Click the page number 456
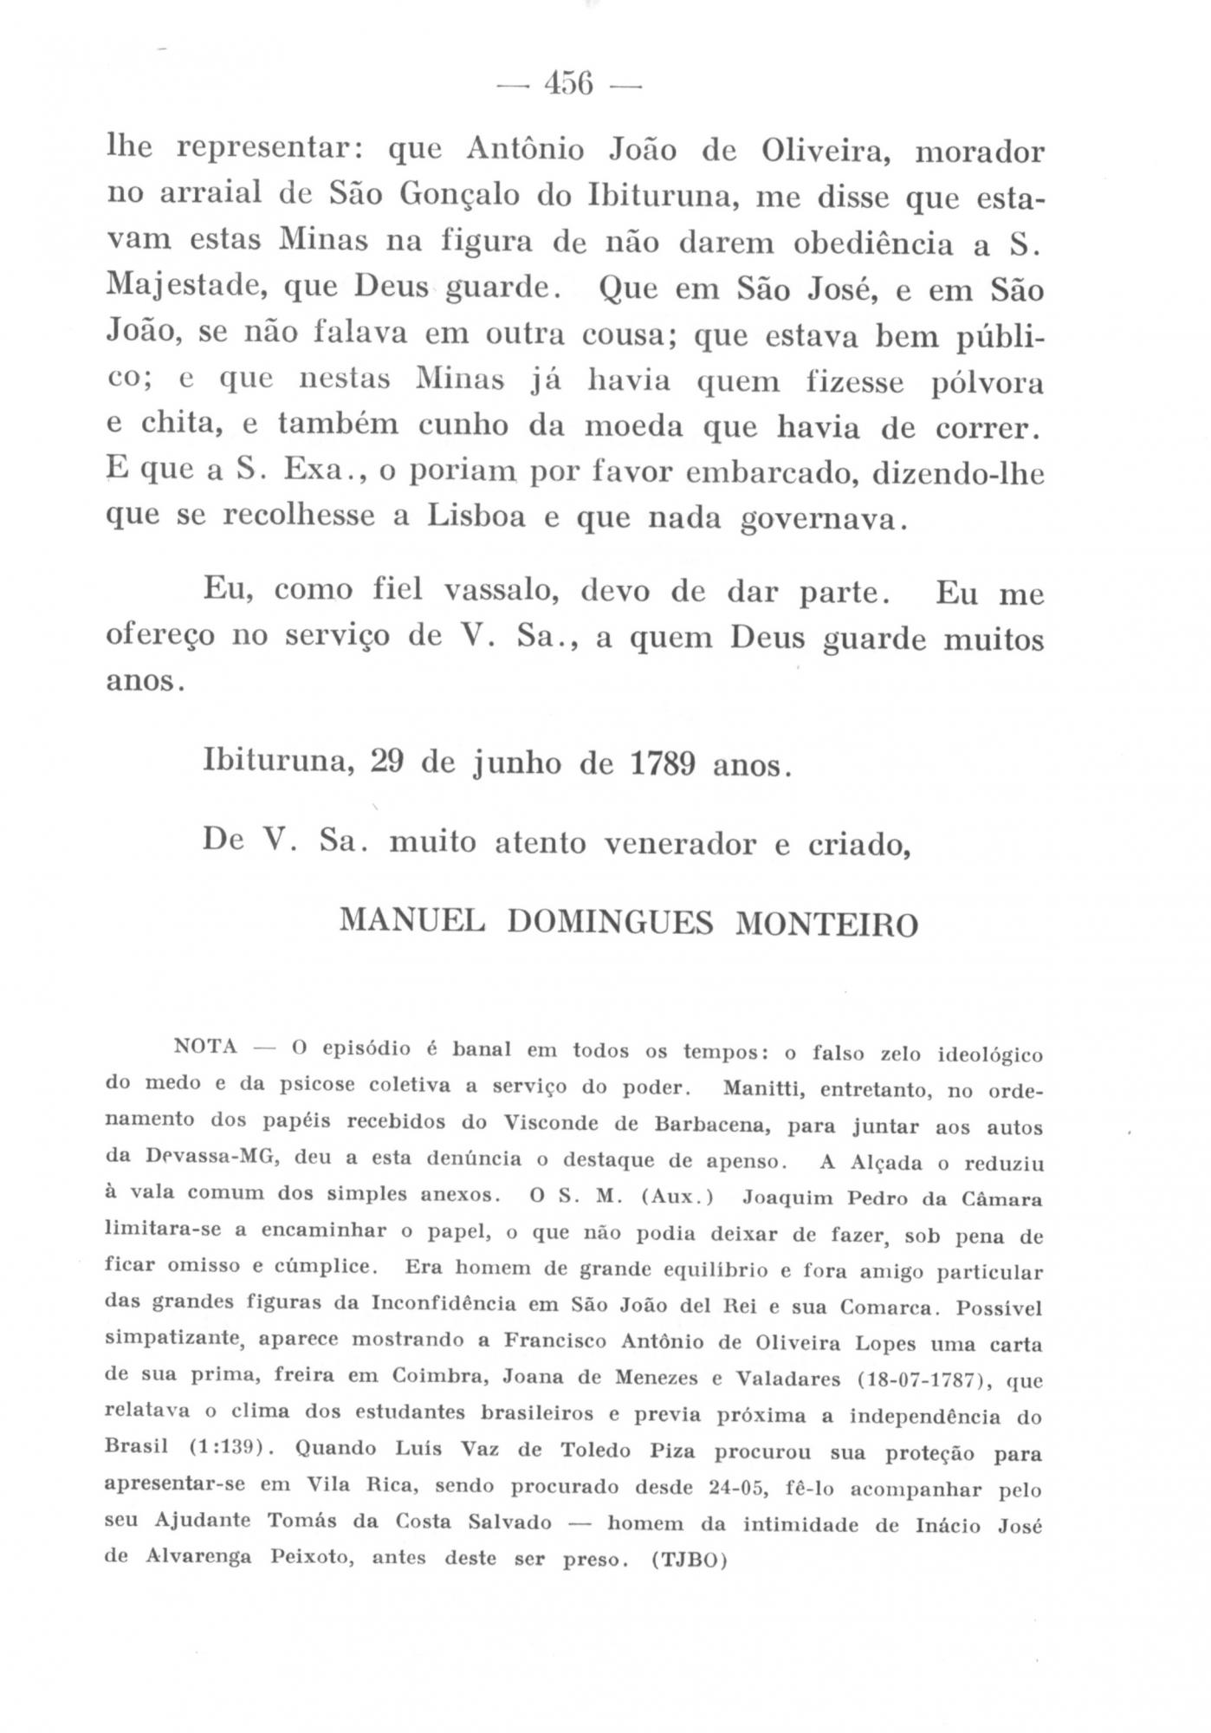tap(568, 85)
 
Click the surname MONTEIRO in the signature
tap(825, 925)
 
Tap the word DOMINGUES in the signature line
tap(609, 923)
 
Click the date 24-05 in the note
tap(735, 1489)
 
